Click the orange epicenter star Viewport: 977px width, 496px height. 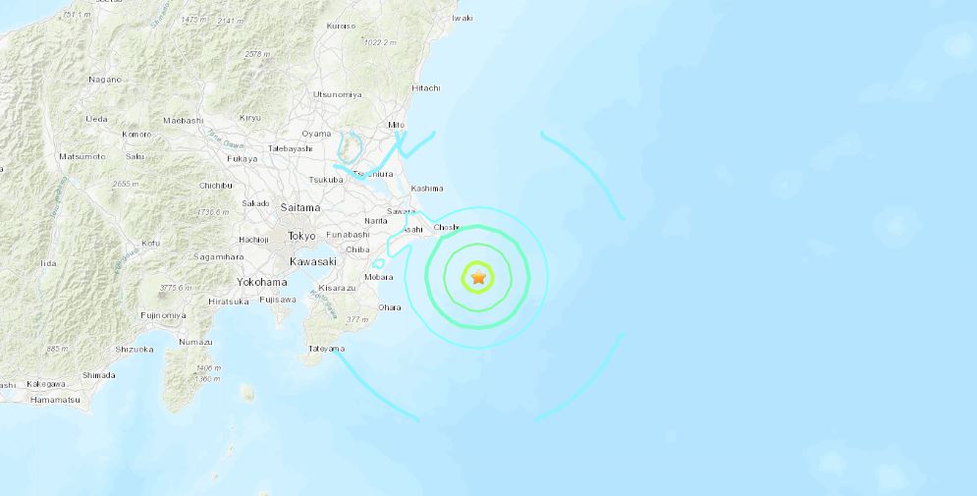478,279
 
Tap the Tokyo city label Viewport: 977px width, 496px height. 301,236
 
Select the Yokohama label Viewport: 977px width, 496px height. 262,281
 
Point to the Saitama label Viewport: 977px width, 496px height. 299,208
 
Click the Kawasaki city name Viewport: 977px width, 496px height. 313,261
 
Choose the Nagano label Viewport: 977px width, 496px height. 105,79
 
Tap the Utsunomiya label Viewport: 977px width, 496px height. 337,94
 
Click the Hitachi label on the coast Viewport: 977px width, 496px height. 426,87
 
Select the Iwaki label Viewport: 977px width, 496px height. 461,18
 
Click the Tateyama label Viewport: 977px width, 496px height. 327,349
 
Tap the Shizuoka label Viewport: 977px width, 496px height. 134,349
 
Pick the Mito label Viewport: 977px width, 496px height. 397,126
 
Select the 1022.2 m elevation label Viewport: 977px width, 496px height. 378,42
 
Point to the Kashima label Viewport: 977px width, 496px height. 427,188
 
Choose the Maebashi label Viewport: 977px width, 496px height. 183,120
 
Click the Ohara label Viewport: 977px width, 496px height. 390,307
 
